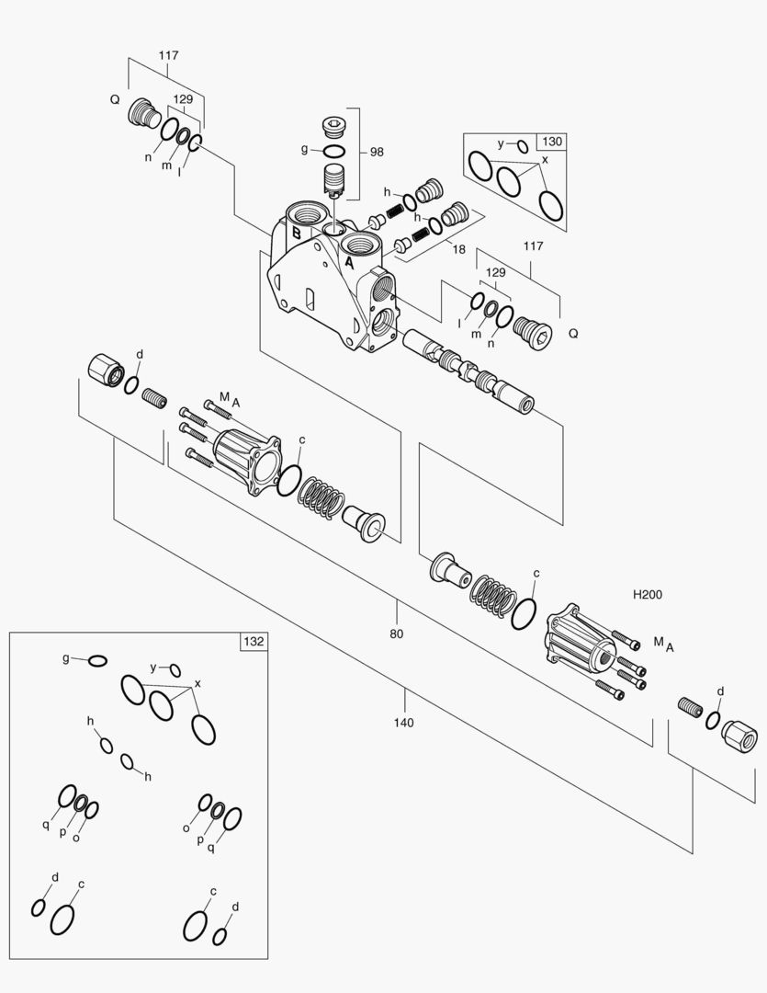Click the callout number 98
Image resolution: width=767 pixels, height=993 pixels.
point(378,152)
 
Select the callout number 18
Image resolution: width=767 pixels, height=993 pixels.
point(458,249)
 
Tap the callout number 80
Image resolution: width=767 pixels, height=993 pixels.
point(396,633)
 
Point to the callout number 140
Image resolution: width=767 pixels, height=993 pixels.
point(404,723)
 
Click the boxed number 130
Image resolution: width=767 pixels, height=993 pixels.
point(552,142)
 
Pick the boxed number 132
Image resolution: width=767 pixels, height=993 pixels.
point(254,642)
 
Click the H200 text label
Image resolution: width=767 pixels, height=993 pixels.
point(648,595)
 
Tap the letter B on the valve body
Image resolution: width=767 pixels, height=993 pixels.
point(296,233)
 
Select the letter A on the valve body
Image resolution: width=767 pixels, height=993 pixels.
point(349,261)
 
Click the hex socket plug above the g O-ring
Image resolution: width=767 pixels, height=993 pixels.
point(333,126)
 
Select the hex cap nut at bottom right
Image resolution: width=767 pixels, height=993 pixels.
point(739,736)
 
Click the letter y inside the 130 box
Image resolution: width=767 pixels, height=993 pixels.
point(501,143)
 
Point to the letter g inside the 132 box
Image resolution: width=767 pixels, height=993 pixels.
point(66,658)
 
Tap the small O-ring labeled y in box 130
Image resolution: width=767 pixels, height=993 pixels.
point(522,146)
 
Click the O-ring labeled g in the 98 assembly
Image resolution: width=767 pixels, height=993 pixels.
point(333,152)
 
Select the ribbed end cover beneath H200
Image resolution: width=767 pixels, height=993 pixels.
point(580,638)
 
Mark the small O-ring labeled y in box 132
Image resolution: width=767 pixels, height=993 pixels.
point(175,670)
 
